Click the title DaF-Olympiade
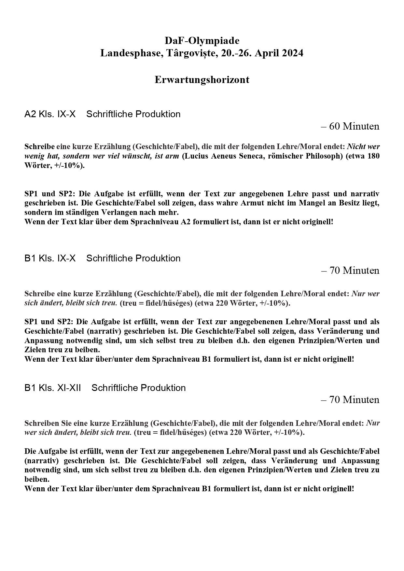(202, 41)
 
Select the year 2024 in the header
(291, 53)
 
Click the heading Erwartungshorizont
(202, 80)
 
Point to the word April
(264, 53)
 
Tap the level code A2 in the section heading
(30, 114)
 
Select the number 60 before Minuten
(334, 126)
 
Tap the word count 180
(373, 156)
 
